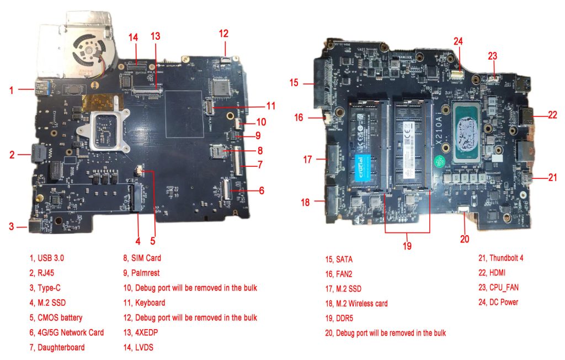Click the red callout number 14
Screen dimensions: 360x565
point(133,38)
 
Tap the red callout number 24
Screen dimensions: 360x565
point(459,41)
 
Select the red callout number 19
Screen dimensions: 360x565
point(407,246)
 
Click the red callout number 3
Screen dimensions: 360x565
point(11,226)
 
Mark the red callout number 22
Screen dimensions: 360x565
point(552,115)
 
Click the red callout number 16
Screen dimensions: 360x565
point(299,117)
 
